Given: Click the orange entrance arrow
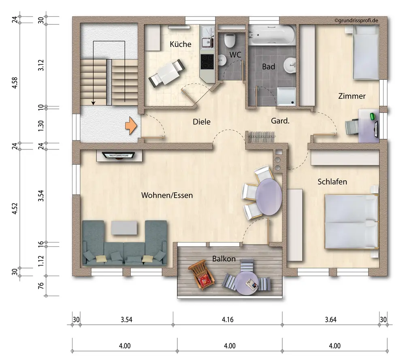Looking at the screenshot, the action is coord(131,126).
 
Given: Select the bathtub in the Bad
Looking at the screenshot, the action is coord(272,35).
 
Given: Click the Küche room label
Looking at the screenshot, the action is coord(181,44).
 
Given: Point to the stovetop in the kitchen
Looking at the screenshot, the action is coord(207,62).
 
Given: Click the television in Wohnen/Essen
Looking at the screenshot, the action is coord(119,156).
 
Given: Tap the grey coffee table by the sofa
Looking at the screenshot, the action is coord(124,228).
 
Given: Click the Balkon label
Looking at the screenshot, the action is coord(224,259).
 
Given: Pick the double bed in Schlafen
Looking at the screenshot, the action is coord(351,222).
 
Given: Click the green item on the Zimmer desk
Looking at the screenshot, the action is coord(373,116).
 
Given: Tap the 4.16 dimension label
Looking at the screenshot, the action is coord(228,320).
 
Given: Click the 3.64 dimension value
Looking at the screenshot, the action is coord(330,320).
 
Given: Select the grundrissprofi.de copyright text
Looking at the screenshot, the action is coord(356,20).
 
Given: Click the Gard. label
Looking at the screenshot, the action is coord(280,121).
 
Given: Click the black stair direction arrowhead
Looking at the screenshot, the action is coord(94,103).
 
